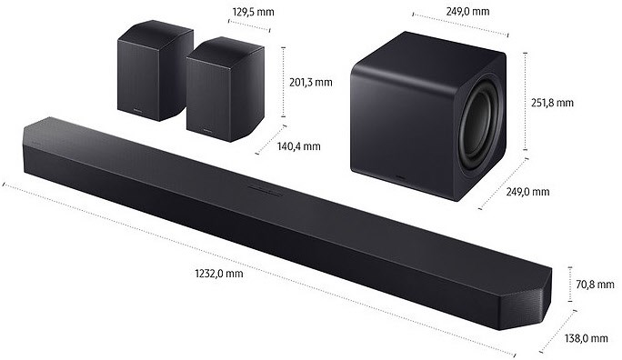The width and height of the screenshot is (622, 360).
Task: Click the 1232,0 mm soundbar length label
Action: [x=219, y=274]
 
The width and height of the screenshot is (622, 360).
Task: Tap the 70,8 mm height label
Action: [x=595, y=284]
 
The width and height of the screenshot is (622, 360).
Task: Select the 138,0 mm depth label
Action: [x=587, y=338]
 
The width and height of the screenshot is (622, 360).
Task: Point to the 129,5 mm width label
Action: [x=253, y=12]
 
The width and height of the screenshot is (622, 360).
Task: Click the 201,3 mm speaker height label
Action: [x=311, y=83]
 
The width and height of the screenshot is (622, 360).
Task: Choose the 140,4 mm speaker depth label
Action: [x=298, y=146]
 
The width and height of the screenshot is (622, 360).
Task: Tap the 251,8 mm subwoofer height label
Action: [x=552, y=103]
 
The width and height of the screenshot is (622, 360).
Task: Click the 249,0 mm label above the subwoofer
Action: [x=467, y=11]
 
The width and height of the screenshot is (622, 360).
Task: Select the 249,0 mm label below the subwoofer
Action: [x=527, y=192]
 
